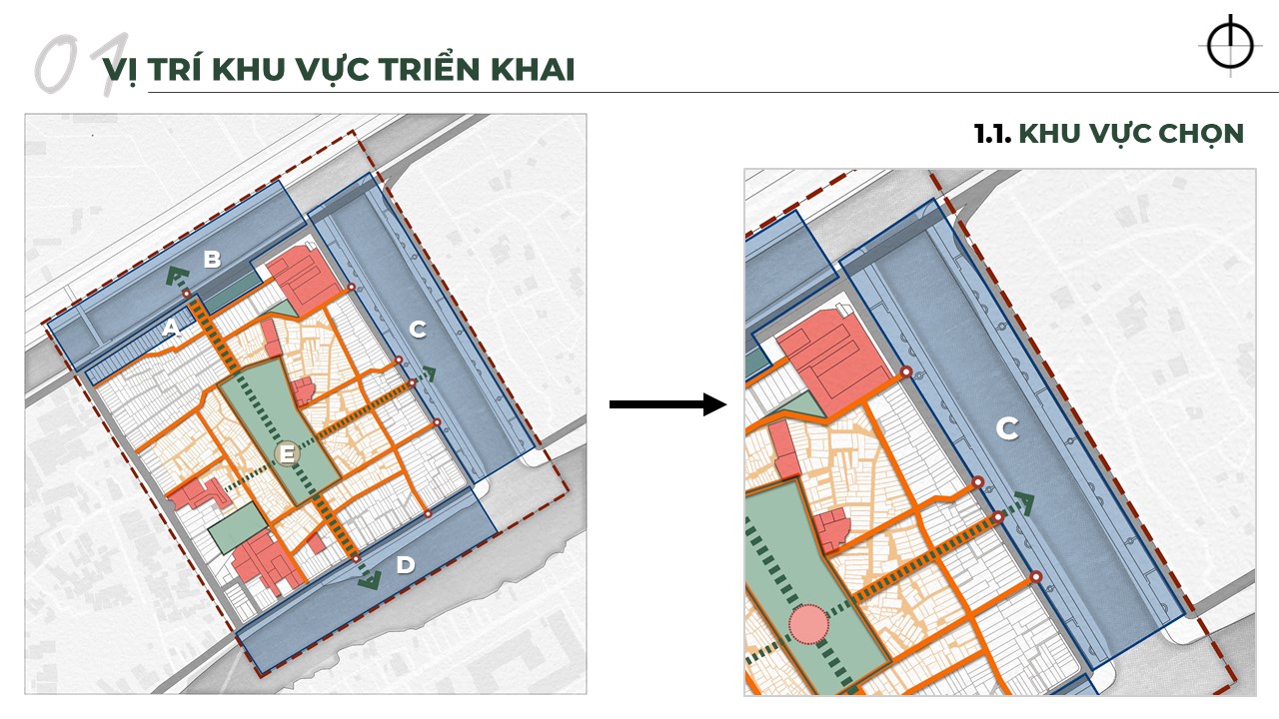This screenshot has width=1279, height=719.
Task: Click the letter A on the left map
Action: click(171, 329)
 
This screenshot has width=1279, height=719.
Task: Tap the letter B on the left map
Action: click(212, 260)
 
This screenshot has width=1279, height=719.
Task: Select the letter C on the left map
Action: click(418, 328)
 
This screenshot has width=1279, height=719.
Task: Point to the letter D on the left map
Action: click(405, 565)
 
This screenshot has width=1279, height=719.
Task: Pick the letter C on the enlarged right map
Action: click(1007, 429)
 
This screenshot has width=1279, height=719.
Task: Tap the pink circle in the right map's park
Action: click(809, 625)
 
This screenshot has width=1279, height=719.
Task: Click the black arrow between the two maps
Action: click(666, 404)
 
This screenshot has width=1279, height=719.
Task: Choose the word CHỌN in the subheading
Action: click(1198, 134)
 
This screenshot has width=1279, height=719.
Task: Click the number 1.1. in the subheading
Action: click(992, 134)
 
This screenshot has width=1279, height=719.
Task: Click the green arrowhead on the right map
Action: click(1023, 502)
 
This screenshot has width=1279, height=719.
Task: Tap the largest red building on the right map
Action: click(831, 354)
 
